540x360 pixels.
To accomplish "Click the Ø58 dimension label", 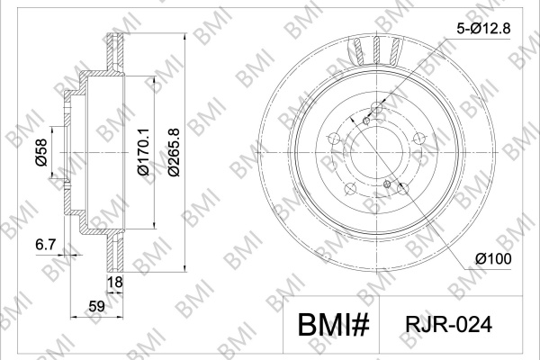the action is [41, 152].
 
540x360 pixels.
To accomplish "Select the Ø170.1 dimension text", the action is [143, 151].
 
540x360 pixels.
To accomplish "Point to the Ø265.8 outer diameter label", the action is [174, 152].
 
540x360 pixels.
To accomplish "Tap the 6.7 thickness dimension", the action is [46, 245].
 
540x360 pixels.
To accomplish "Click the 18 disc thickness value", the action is [115, 282].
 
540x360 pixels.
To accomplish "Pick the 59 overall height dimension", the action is [96, 306].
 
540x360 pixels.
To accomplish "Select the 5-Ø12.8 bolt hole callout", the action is [483, 29].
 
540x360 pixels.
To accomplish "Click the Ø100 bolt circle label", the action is [493, 258].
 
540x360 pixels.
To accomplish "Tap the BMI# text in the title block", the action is [333, 325].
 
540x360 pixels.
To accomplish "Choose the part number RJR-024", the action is [449, 325].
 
